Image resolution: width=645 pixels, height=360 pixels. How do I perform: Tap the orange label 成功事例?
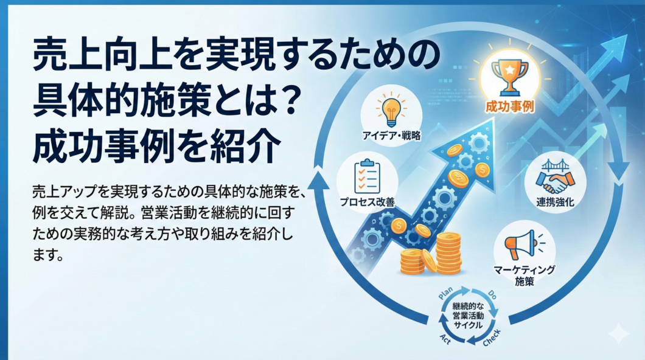tap(510, 107)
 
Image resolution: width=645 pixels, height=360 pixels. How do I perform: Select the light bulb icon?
tap(391, 109)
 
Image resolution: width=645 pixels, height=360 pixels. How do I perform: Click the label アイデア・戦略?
tap(391, 136)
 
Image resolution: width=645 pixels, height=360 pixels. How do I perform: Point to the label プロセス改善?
tap(367, 202)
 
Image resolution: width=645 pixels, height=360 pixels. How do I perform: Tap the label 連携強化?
tap(555, 202)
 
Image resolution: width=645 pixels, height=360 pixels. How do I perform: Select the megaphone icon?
tap(524, 245)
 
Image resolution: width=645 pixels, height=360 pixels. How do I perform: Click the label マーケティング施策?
tap(525, 275)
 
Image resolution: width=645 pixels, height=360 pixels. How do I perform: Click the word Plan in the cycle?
tap(445, 293)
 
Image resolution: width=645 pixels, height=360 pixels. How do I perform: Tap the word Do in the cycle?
tap(492, 294)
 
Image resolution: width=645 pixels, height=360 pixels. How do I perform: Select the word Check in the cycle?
tap(492, 337)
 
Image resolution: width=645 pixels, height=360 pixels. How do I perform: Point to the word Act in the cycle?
tap(445, 339)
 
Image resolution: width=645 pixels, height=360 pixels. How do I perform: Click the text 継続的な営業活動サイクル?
tap(468, 316)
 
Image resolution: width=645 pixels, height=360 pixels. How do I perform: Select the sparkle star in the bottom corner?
tap(619, 334)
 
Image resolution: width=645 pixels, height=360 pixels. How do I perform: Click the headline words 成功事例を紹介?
tap(156, 147)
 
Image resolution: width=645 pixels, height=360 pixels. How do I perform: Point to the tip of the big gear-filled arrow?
tap(493, 120)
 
